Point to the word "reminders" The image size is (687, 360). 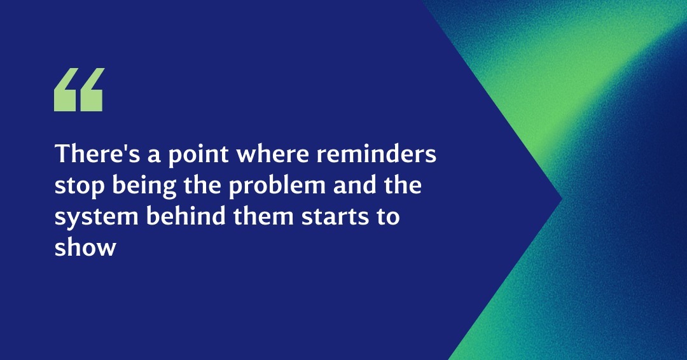[x=377, y=154]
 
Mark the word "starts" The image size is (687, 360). [x=335, y=217]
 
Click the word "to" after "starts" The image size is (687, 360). [x=388, y=217]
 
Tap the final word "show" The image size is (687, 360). [x=85, y=247]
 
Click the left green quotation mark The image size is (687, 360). [x=66, y=90]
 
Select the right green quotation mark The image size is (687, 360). [x=91, y=90]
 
